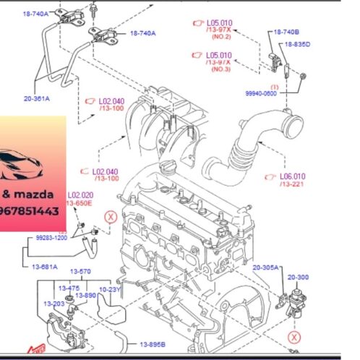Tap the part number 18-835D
point(297,45)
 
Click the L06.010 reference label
point(293,175)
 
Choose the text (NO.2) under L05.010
point(220,36)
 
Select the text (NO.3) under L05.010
point(220,69)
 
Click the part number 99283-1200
point(51,236)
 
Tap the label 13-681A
point(45,267)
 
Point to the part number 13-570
point(80,272)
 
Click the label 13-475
point(69,288)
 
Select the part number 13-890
point(86,295)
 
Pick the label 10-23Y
point(109,288)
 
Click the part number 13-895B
point(153,344)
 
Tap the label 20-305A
point(265,267)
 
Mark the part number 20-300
point(297,276)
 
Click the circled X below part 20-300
point(294,337)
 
